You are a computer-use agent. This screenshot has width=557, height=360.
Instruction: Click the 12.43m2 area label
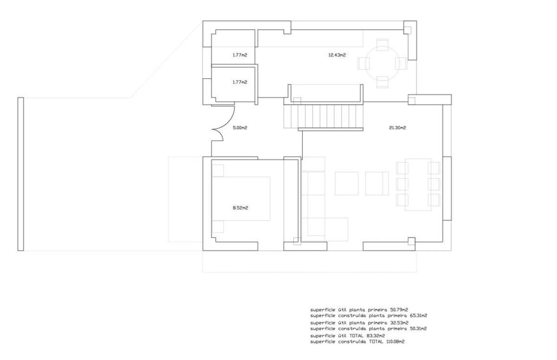[337, 55]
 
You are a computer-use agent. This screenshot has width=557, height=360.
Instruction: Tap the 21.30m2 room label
[397, 128]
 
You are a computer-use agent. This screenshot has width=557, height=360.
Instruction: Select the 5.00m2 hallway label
[240, 128]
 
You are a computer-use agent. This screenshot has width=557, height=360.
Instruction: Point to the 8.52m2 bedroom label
[240, 208]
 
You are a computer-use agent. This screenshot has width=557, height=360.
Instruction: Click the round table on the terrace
[382, 64]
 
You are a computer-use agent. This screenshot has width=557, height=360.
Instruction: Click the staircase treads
[324, 116]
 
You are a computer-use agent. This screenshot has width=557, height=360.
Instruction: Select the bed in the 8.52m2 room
[241, 199]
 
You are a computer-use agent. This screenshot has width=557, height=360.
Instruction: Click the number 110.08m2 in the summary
[395, 341]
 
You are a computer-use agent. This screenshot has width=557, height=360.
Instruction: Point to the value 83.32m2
[376, 336]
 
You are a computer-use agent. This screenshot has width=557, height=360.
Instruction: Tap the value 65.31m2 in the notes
[418, 316]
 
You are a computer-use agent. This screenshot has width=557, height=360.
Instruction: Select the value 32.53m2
[399, 323]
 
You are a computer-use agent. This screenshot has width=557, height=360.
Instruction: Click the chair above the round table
[382, 45]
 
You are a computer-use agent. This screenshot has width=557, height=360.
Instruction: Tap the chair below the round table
[382, 82]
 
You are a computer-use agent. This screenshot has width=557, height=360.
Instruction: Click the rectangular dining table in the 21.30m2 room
[418, 185]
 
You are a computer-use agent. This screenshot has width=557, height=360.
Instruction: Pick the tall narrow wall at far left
[20, 174]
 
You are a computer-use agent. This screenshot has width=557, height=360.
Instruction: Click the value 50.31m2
[418, 329]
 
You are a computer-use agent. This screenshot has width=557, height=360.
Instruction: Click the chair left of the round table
[363, 64]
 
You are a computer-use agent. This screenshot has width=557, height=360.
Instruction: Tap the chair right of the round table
[402, 64]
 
